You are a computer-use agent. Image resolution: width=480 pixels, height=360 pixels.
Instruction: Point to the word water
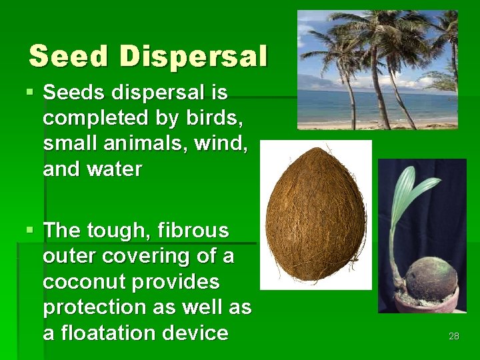pyautogui.click(x=115, y=169)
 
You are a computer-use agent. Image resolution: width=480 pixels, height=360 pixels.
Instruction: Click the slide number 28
pyautogui.click(x=453, y=336)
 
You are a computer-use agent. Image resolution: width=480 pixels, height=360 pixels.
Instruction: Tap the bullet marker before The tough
pyautogui.click(x=30, y=231)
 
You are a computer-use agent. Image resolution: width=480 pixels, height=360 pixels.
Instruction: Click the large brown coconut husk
pyautogui.click(x=315, y=215)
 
